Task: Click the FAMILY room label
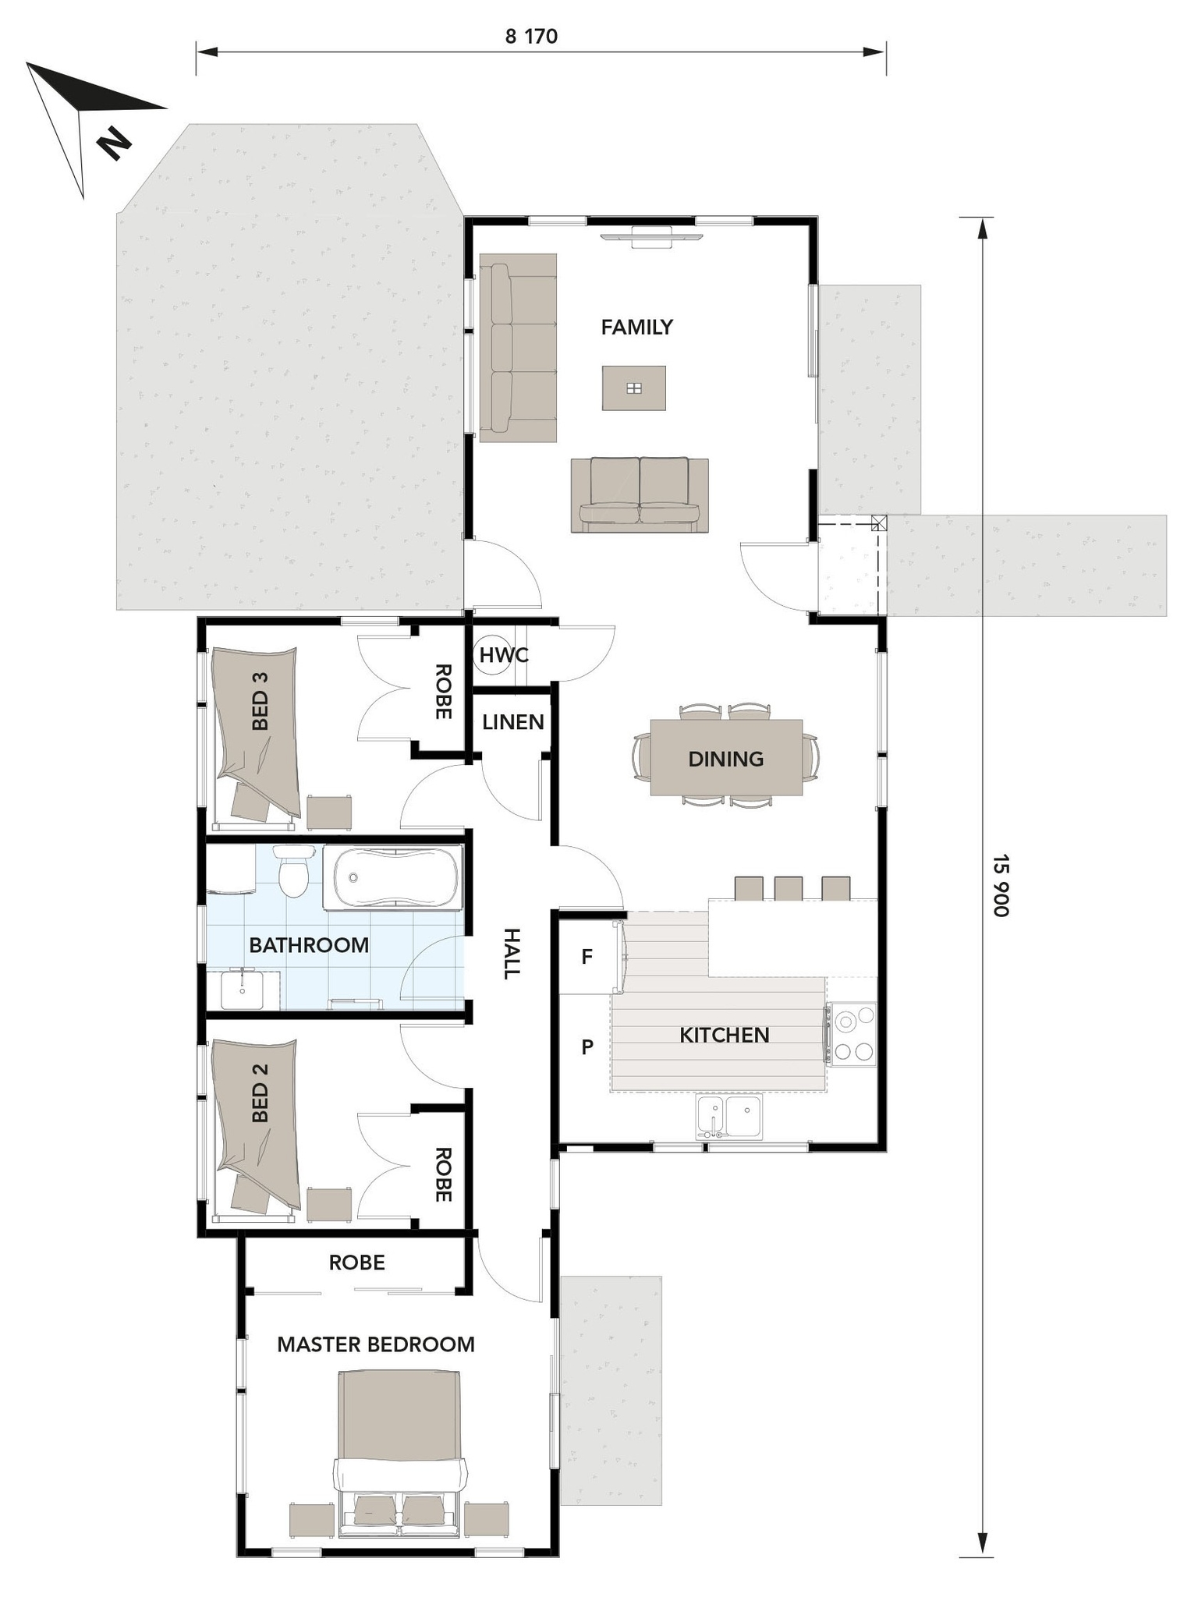click(x=636, y=327)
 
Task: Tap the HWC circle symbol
click(x=503, y=655)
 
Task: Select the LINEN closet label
click(x=512, y=722)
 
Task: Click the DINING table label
click(x=725, y=759)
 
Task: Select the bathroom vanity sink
click(x=243, y=989)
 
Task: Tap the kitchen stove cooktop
click(x=852, y=1034)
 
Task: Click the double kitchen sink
click(x=728, y=1117)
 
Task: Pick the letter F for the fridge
click(x=587, y=956)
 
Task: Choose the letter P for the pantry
click(x=587, y=1047)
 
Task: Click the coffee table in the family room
click(x=633, y=388)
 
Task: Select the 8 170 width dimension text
click(x=531, y=37)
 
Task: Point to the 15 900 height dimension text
click(x=1001, y=885)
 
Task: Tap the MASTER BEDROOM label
click(x=375, y=1344)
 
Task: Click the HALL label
click(x=511, y=953)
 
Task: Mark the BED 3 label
click(x=260, y=700)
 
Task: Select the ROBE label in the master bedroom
click(x=356, y=1263)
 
